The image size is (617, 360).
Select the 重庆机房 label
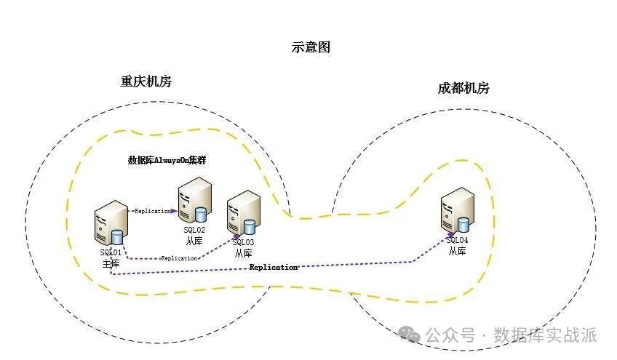coord(146,81)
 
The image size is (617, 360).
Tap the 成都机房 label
coord(463,89)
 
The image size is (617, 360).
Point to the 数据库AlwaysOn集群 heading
coord(167,161)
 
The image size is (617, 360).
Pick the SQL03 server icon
coord(243,213)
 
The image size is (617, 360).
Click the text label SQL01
coord(111,252)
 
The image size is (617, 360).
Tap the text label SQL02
coord(194,230)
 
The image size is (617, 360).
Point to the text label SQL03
coord(243,241)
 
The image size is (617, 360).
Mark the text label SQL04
coord(457,240)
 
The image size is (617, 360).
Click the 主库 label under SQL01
coord(111,263)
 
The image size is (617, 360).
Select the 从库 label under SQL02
coord(194,240)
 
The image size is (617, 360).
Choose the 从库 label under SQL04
coord(457,251)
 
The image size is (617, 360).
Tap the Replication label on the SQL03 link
coord(179,258)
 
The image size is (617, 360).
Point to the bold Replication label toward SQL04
coord(274,268)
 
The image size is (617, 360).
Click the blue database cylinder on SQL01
coord(117,237)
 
